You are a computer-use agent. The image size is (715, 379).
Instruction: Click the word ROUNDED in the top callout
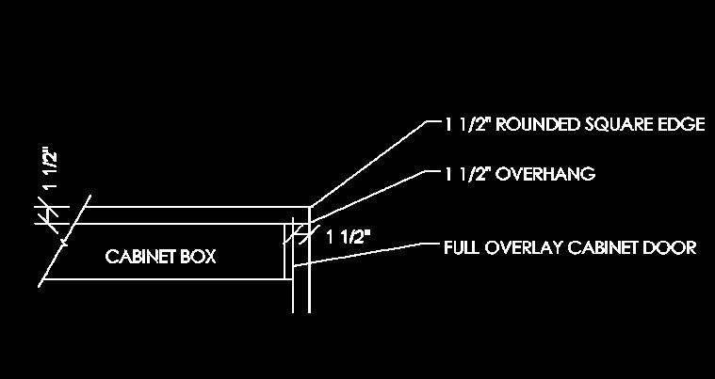[x=534, y=125]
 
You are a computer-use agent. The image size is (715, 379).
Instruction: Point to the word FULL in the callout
[x=461, y=248]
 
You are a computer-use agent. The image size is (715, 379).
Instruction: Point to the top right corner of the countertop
[x=310, y=208]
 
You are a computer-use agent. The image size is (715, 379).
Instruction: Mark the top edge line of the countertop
[x=188, y=207]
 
